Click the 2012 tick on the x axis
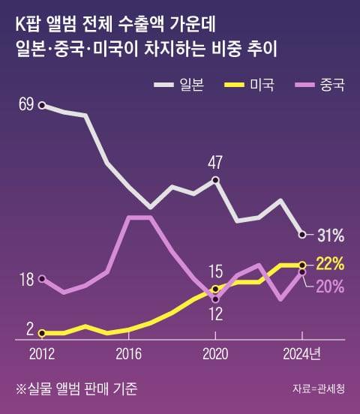[42, 352]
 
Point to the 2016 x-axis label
[129, 352]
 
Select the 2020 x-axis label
[215, 352]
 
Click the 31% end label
[330, 235]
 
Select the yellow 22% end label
[330, 264]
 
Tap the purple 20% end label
[330, 286]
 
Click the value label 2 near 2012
[30, 328]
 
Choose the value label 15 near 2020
[216, 271]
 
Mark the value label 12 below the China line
[214, 314]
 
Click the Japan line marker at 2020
[216, 180]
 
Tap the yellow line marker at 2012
[42, 332]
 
